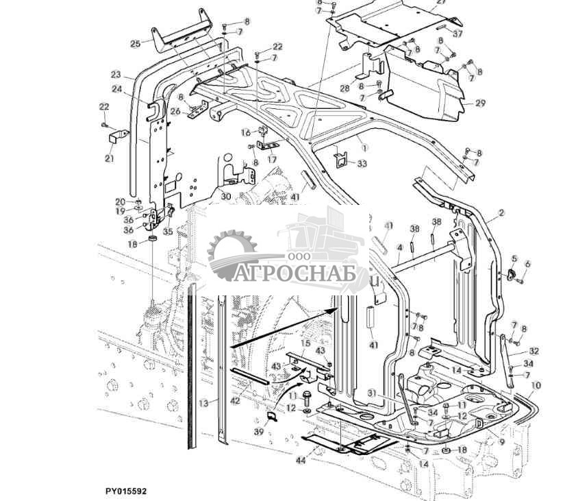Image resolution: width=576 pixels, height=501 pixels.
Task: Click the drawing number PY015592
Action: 126,491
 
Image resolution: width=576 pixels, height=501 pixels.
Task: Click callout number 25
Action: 135,44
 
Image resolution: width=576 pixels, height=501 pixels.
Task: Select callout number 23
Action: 115,75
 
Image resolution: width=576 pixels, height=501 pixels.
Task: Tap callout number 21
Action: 110,140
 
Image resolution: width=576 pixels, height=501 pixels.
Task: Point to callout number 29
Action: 480,103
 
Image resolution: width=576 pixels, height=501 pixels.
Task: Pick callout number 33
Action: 362,164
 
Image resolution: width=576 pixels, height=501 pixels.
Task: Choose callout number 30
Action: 225,196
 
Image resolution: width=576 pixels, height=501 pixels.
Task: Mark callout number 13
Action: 203,404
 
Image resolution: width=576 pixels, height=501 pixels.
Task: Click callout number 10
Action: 536,387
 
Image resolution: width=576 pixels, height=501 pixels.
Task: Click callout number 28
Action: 345,88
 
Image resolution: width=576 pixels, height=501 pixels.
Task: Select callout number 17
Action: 272,160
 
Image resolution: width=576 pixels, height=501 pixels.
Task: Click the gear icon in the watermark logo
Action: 231,255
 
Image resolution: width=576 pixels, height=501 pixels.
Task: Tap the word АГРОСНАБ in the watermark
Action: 302,274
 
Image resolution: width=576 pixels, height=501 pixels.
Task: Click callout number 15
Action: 306,343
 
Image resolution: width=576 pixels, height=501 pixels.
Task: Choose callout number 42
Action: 235,401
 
